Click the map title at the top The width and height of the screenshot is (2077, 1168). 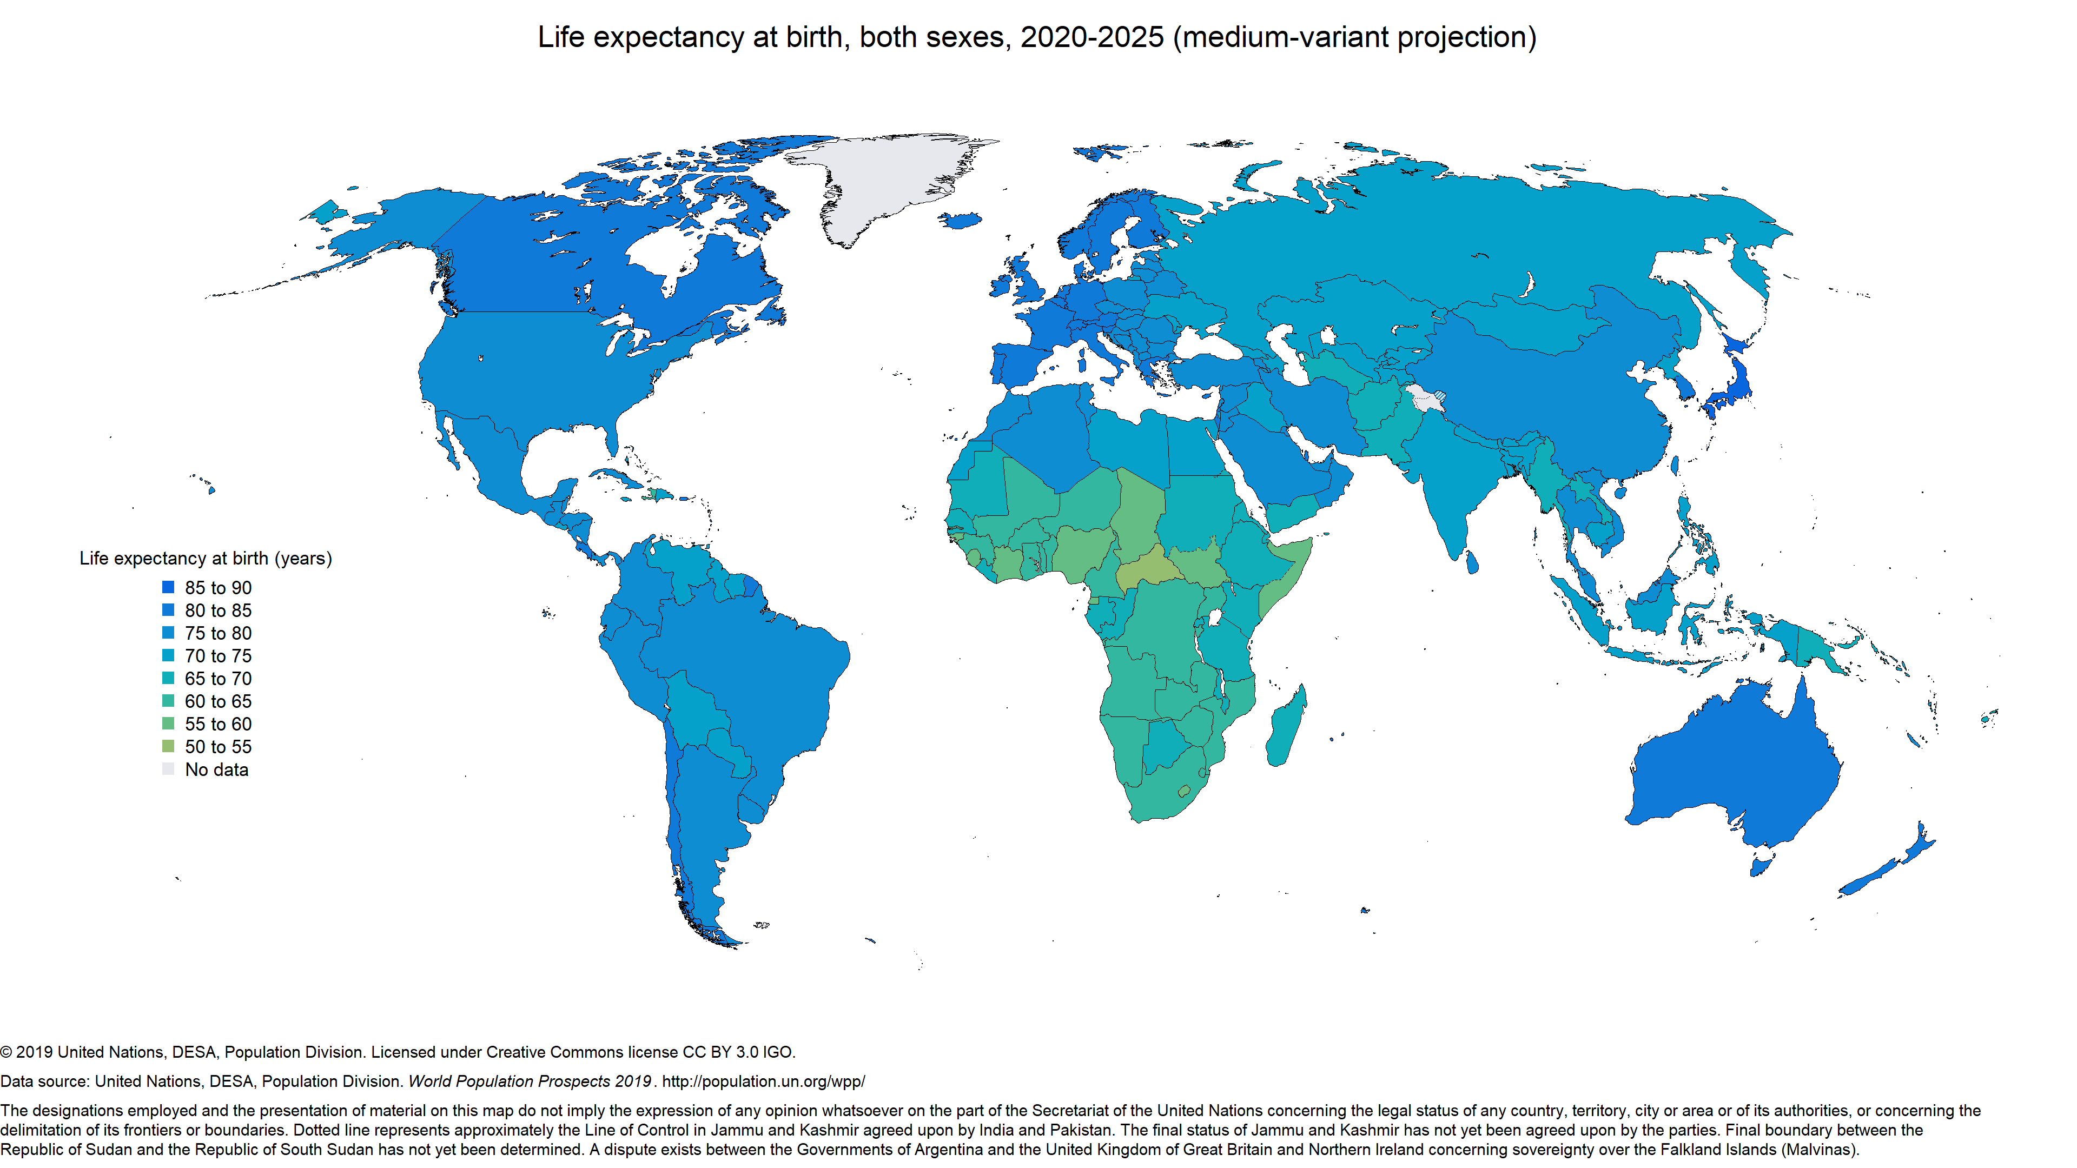1037,37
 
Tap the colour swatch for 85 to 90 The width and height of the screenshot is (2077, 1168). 168,588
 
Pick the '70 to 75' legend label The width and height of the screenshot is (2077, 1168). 217,656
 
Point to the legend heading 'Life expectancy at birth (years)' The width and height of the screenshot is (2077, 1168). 206,559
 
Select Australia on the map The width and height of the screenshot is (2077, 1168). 1734,766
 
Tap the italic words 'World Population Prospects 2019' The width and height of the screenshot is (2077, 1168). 530,1081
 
